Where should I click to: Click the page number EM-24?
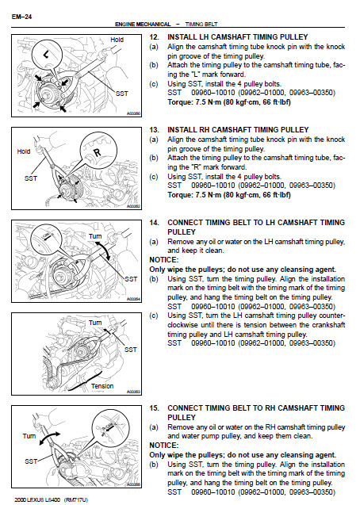pyautogui.click(x=21, y=17)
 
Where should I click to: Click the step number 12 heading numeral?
pyautogui.click(x=154, y=37)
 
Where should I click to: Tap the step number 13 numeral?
pyautogui.click(x=154, y=130)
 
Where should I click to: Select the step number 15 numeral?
pyautogui.click(x=154, y=408)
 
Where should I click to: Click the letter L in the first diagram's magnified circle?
pyautogui.click(x=46, y=55)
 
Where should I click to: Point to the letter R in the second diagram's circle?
pyautogui.click(x=97, y=153)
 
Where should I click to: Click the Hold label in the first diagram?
pyautogui.click(x=117, y=40)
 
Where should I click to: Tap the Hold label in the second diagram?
pyautogui.click(x=24, y=151)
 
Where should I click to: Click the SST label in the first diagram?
pyautogui.click(x=122, y=94)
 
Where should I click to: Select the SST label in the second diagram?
pyautogui.click(x=31, y=178)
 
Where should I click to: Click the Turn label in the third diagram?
pyautogui.click(x=95, y=236)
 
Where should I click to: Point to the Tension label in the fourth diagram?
pyautogui.click(x=102, y=386)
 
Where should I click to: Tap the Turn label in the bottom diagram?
pyautogui.click(x=29, y=436)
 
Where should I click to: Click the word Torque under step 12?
pyautogui.click(x=179, y=102)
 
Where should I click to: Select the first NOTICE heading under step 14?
pyautogui.click(x=163, y=260)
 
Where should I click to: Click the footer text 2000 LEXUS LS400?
pyautogui.click(x=37, y=499)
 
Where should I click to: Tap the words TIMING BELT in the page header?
pyautogui.click(x=201, y=24)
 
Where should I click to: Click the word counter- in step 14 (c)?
pyautogui.click(x=331, y=316)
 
